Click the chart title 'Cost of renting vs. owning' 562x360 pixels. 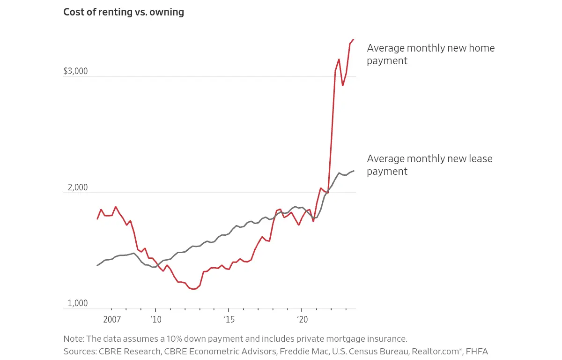(124, 12)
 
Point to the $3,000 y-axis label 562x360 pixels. (75, 71)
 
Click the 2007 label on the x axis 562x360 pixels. (112, 320)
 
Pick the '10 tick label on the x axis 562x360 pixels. (156, 320)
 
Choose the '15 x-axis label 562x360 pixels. (229, 320)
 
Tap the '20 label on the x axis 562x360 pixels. (302, 320)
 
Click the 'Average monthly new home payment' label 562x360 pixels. (430, 54)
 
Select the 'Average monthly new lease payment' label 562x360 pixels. (429, 165)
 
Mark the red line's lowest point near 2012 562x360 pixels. (193, 289)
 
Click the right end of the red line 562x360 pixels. (354, 39)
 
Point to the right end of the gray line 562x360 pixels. (354, 171)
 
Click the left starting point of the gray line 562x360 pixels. (97, 265)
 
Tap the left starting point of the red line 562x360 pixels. (97, 219)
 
